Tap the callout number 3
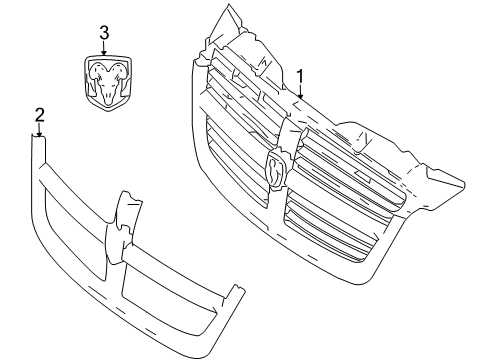(x=103, y=33)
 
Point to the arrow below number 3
(x=103, y=48)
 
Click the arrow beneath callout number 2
(x=38, y=130)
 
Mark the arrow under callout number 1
(x=298, y=91)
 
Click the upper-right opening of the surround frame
(x=180, y=240)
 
